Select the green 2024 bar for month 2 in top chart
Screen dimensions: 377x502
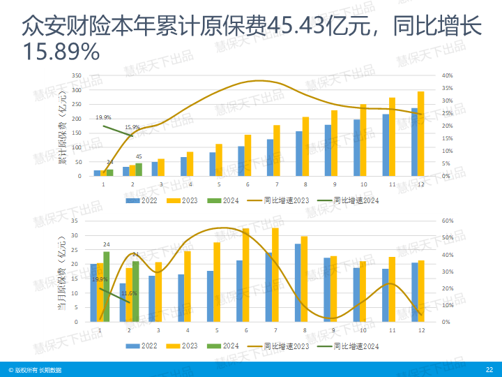click(139, 169)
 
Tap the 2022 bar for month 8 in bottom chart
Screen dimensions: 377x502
click(298, 283)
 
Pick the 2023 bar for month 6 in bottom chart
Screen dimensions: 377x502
click(245, 275)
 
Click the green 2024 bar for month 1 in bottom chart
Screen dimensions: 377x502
click(106, 287)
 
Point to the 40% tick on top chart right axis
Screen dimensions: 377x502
click(448, 75)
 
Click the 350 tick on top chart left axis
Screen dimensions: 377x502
click(77, 75)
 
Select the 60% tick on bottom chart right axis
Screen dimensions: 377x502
click(448, 221)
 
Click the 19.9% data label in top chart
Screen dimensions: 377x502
click(103, 117)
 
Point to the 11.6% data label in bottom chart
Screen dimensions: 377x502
click(128, 293)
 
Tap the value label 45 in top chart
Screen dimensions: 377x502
click(139, 156)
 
